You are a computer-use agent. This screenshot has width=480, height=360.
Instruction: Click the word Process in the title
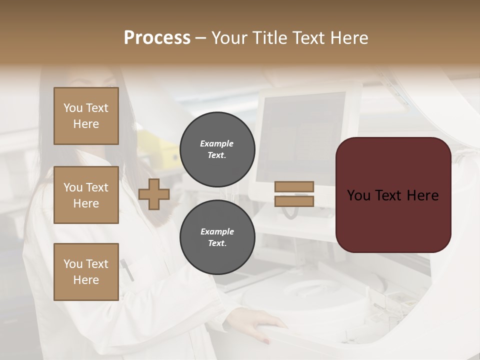tap(157, 38)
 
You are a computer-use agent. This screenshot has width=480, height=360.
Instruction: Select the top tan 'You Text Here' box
tap(86, 116)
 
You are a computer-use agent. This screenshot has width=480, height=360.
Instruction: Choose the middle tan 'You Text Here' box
tap(86, 195)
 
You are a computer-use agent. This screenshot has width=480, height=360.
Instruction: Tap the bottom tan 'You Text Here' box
tap(86, 271)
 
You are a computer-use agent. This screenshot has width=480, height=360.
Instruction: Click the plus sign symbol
tap(153, 194)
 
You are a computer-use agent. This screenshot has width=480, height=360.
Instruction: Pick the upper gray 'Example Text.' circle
tap(217, 149)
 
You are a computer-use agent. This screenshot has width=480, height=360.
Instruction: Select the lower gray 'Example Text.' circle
tap(217, 237)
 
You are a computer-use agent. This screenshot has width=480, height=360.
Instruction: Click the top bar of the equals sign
tap(294, 186)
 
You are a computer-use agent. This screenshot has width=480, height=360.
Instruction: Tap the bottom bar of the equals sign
tap(294, 201)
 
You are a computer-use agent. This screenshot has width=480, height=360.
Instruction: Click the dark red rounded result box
tap(393, 195)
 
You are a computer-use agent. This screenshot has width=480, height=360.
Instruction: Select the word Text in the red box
tap(393, 195)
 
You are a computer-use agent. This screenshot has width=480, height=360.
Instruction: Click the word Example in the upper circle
tap(216, 143)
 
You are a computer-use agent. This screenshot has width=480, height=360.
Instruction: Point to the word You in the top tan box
tap(72, 108)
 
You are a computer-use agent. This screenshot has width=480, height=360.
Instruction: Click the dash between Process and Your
tap(201, 38)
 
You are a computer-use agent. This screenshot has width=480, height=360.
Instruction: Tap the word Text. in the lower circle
tap(217, 243)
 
